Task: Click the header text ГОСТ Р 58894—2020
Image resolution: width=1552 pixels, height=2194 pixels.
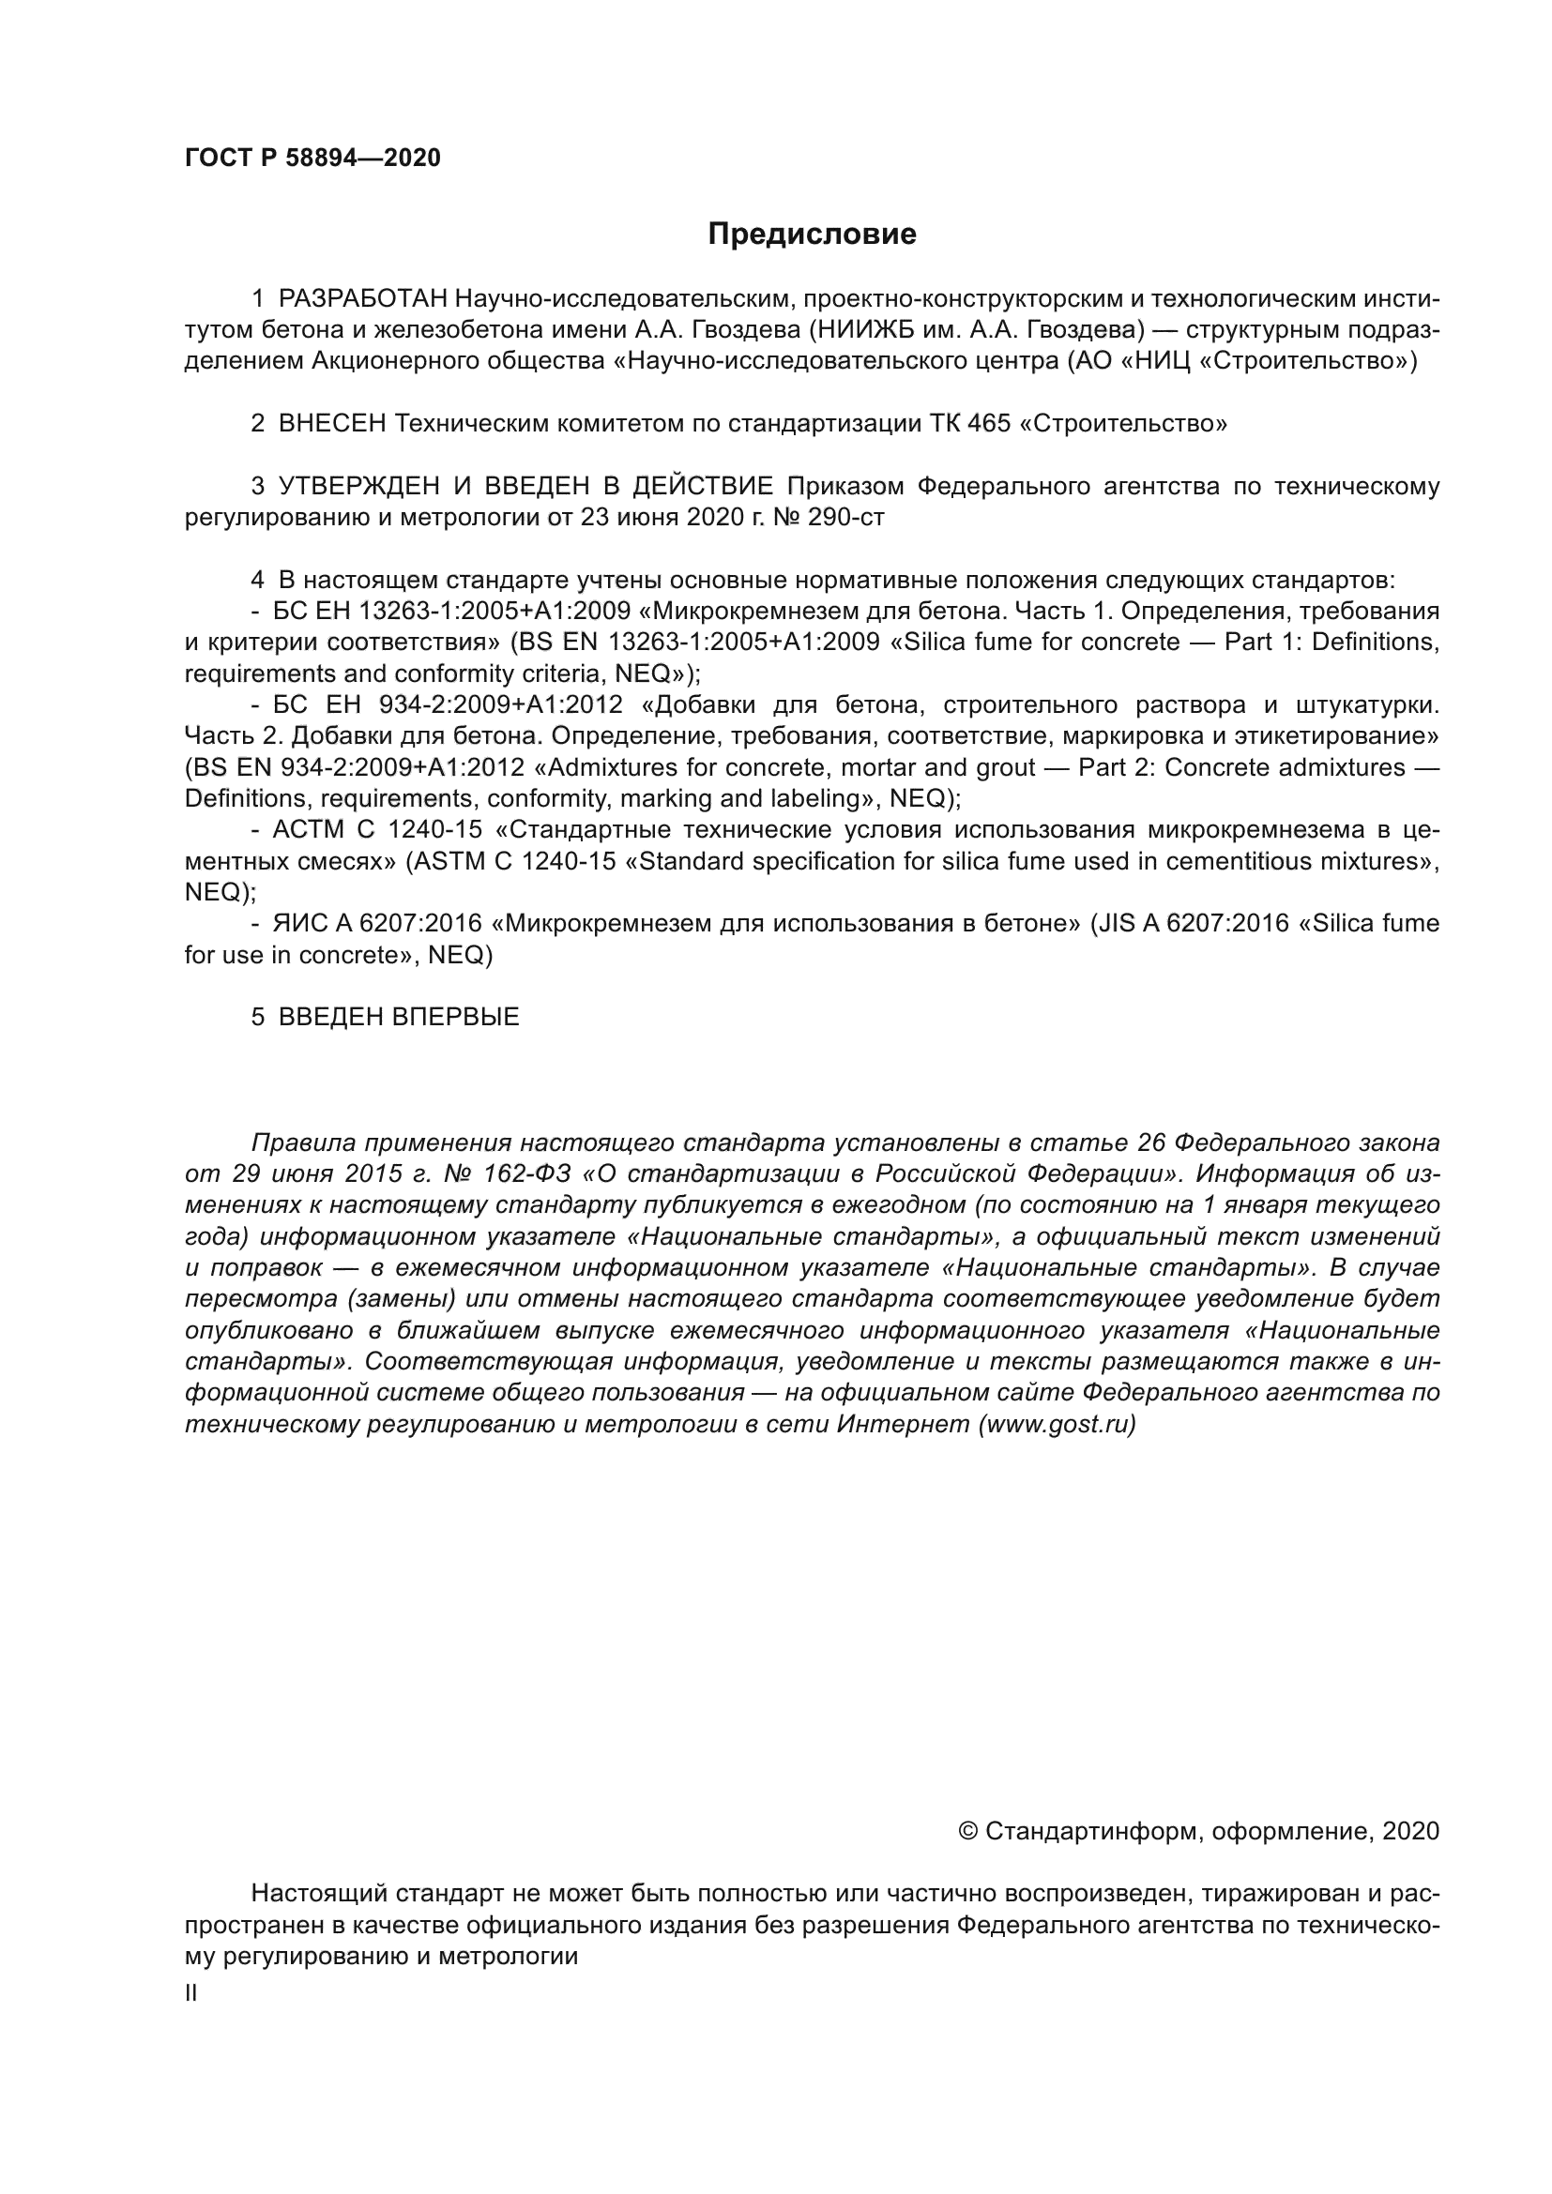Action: [x=312, y=159]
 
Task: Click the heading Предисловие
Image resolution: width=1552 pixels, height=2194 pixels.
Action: [x=812, y=235]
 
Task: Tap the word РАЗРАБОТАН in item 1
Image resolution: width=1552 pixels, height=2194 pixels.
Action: [x=363, y=299]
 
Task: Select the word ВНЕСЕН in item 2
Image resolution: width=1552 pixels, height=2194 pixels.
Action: [x=331, y=423]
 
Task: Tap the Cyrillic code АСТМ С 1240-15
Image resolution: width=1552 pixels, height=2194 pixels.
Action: [x=376, y=830]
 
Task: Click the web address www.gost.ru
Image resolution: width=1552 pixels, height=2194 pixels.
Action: [x=1057, y=1425]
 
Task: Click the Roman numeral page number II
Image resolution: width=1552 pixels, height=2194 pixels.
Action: [x=191, y=1993]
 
